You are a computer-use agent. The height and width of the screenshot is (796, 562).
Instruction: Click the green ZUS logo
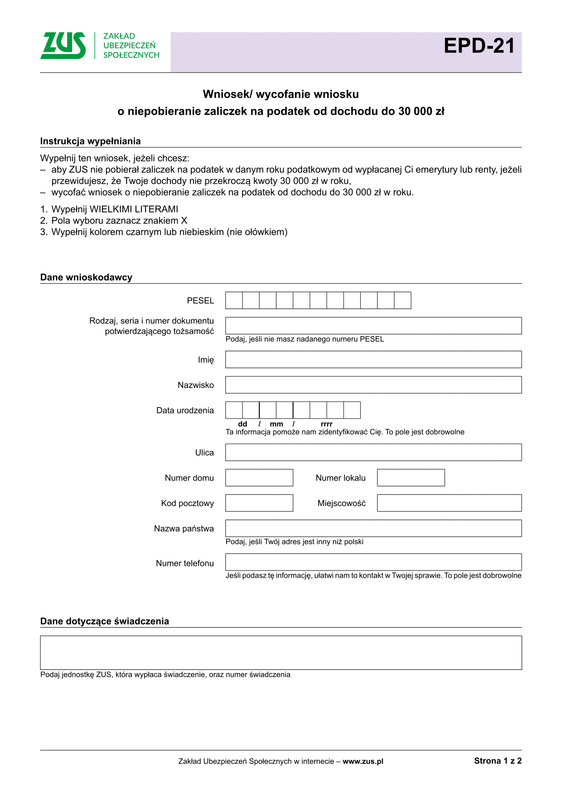63,45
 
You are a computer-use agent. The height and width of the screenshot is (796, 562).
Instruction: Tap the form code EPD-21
479,46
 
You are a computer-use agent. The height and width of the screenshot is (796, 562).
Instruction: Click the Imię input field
373,359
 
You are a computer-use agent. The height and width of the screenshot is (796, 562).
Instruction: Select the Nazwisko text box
373,385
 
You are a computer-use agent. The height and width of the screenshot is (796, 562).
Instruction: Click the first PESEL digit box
234,300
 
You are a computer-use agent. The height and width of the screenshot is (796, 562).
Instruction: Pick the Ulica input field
373,452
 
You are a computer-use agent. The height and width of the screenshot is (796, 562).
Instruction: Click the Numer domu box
259,478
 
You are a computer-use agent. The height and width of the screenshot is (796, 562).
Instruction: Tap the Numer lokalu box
411,478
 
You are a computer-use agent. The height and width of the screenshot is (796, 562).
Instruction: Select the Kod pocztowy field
259,503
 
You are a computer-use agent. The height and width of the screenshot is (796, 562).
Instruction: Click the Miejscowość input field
449,503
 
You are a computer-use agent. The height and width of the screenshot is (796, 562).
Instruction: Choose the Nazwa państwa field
373,529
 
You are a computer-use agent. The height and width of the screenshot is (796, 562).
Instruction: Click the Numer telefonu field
373,562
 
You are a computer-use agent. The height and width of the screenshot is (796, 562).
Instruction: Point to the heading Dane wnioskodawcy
86,277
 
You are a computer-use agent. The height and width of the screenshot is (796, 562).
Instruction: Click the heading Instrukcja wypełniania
90,141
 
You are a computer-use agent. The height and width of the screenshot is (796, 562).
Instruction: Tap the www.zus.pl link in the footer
363,762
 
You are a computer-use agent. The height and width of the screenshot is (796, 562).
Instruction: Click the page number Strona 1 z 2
498,761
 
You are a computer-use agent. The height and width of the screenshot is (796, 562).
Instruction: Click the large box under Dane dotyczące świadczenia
281,653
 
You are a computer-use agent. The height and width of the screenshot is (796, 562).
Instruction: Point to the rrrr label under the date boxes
326,424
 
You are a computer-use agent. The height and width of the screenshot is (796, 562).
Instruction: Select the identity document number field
373,326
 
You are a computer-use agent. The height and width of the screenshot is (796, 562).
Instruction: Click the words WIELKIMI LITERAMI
134,209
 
